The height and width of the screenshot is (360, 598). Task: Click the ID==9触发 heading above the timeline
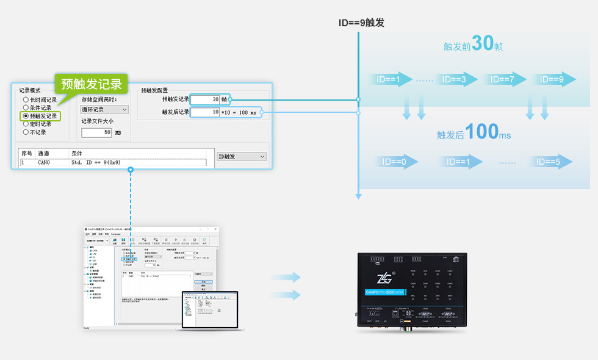pyautogui.click(x=362, y=23)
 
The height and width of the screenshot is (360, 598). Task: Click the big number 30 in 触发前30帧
pyautogui.click(x=482, y=44)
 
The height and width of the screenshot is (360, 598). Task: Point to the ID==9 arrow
pyautogui.click(x=553, y=79)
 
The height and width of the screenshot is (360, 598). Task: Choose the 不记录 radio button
pyautogui.click(x=26, y=132)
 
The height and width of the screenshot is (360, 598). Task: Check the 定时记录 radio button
pyautogui.click(x=26, y=124)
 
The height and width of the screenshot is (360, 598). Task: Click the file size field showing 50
pyautogui.click(x=96, y=132)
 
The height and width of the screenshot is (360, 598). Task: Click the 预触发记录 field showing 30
pyautogui.click(x=205, y=99)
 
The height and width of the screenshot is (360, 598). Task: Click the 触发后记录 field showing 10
pyautogui.click(x=205, y=112)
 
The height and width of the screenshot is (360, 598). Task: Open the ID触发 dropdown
pyautogui.click(x=242, y=157)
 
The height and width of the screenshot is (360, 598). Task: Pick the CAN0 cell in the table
pyautogui.click(x=45, y=163)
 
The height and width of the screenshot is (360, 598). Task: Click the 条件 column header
pyautogui.click(x=77, y=153)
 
